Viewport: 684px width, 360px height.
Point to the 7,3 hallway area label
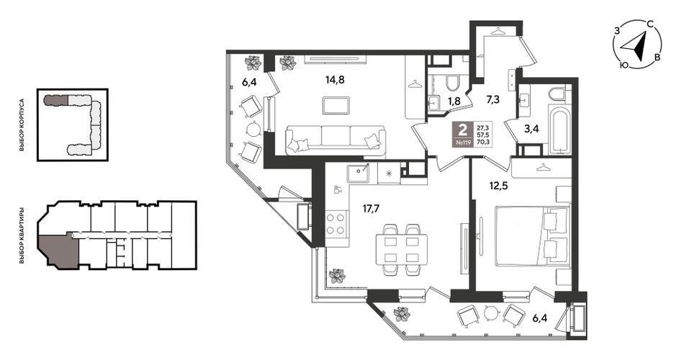point(493,99)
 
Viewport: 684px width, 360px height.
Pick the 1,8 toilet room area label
point(454,102)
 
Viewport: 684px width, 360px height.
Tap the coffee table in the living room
point(336,105)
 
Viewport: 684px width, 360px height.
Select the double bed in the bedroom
point(533,235)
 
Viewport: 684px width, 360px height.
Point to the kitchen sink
point(359,174)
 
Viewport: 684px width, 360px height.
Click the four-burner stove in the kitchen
point(336,223)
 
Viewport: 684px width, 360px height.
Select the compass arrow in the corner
point(635,46)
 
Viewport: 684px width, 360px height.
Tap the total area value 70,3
point(482,142)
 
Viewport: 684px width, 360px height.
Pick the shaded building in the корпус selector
point(56,100)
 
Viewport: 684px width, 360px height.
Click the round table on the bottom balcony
point(491,313)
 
